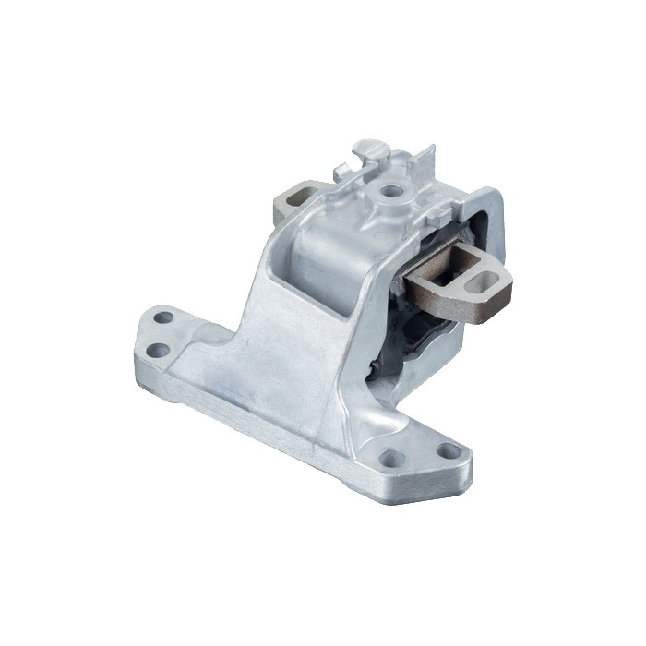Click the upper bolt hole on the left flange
tap(163, 317)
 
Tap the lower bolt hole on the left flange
tap(158, 350)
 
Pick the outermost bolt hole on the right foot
tap(449, 451)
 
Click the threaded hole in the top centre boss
tap(392, 192)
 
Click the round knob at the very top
tap(368, 147)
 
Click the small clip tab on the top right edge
tap(437, 214)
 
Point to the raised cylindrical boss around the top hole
tap(392, 201)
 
